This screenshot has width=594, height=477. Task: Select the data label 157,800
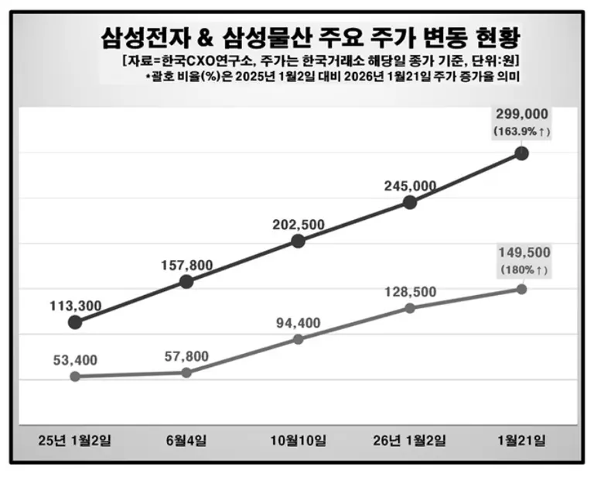(186, 266)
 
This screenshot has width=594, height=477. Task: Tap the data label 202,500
(298, 225)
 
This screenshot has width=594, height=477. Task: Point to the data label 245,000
(410, 186)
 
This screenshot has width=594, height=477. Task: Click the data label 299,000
(521, 115)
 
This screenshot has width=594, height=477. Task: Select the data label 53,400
(74, 359)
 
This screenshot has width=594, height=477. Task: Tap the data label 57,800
(186, 356)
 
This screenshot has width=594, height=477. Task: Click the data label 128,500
(410, 292)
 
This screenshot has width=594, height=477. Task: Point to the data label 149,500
(521, 252)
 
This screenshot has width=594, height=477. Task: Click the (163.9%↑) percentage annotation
(521, 132)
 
